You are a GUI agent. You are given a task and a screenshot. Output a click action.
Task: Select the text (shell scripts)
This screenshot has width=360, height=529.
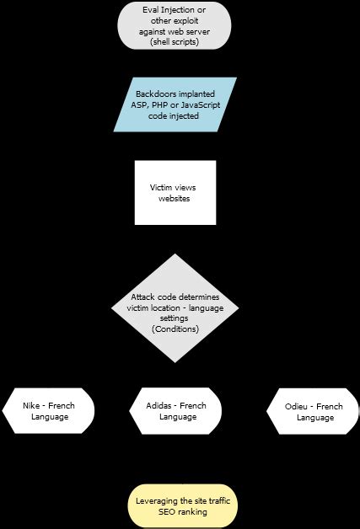pyautogui.click(x=175, y=40)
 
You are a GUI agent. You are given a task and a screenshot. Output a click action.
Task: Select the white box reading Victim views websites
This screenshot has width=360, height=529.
pyautogui.click(x=175, y=192)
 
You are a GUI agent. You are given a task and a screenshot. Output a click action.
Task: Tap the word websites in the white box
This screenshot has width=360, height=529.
pyautogui.click(x=175, y=198)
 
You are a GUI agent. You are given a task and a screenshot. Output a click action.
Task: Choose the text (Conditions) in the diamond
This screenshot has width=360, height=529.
pyautogui.click(x=175, y=329)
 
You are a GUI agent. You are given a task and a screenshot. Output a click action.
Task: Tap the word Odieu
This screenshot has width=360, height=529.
pyautogui.click(x=296, y=406)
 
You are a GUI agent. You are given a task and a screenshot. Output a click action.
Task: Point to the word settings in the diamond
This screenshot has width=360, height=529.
pyautogui.click(x=175, y=318)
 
